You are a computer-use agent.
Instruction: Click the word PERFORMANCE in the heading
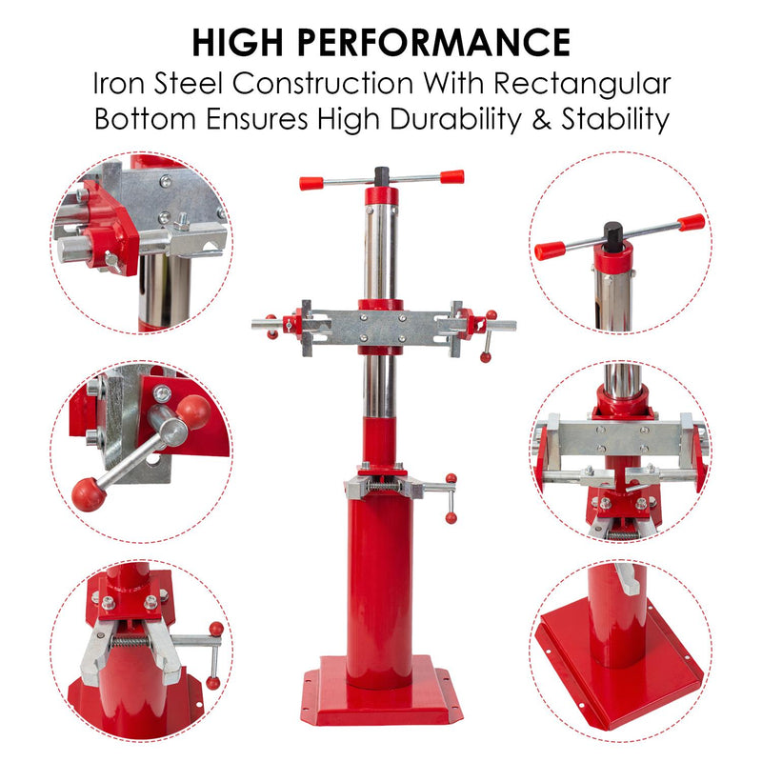433,43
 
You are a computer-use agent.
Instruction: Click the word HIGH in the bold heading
237,43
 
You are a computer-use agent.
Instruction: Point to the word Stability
615,120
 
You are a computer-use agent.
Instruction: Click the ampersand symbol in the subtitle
541,120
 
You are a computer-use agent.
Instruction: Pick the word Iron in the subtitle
118,84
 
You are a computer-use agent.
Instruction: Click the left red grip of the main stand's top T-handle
311,183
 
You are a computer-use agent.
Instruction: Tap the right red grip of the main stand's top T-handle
451,176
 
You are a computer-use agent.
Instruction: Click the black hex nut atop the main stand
382,176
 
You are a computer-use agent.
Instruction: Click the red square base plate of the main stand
382,690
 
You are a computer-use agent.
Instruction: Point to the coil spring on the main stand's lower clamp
382,486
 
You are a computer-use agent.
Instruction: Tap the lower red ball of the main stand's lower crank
451,517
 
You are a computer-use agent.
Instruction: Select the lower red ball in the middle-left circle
89,494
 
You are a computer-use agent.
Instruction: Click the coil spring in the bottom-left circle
130,641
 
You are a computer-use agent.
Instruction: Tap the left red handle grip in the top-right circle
550,251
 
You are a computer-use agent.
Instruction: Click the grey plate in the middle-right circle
620,439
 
